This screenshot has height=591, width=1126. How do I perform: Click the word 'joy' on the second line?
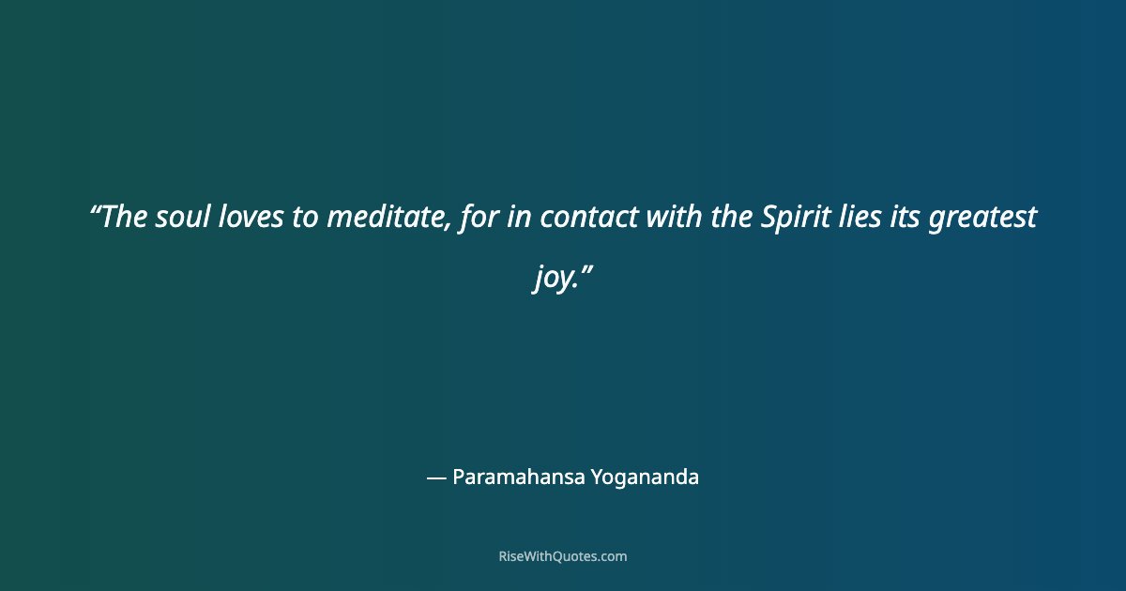pyautogui.click(x=551, y=279)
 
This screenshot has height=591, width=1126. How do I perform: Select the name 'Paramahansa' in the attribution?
pyautogui.click(x=519, y=477)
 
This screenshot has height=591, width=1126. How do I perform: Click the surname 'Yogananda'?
pyautogui.click(x=646, y=477)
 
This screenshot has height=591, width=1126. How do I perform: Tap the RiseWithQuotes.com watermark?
pyautogui.click(x=563, y=556)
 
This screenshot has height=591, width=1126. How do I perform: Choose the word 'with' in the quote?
pyautogui.click(x=666, y=218)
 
